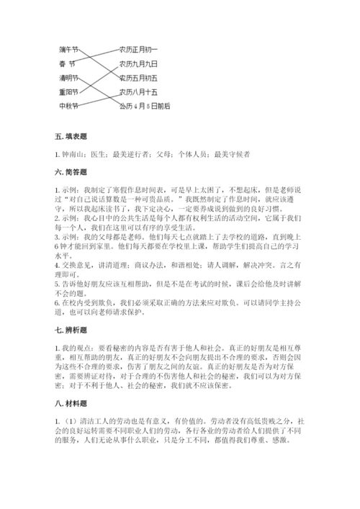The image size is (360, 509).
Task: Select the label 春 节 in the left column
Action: (x=68, y=63)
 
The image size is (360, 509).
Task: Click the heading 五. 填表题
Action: (x=70, y=135)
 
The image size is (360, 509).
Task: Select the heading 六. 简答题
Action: (x=70, y=172)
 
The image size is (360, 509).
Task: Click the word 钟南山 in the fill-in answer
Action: (x=71, y=153)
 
